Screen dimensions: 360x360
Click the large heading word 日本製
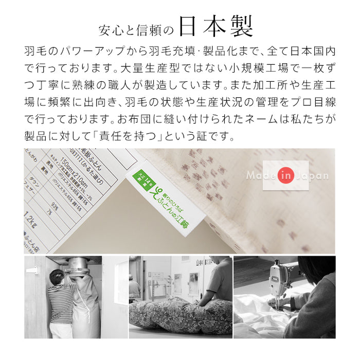coord(218,28)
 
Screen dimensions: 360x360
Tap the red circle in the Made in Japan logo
coord(286,175)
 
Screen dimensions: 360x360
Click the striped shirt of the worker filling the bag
coord(61,303)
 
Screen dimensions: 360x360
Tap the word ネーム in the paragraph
coord(254,120)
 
